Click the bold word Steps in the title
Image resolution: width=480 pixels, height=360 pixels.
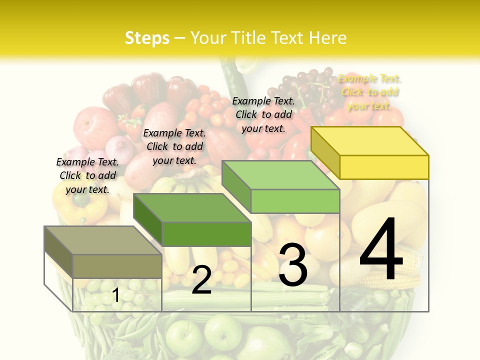point(147,38)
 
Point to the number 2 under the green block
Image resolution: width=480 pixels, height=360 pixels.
point(201,280)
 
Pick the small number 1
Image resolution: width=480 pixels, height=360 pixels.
point(116,295)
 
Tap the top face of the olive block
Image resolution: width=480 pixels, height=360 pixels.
point(103,240)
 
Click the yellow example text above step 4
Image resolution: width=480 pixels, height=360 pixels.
point(369,92)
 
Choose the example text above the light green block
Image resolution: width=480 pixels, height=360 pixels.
point(263,114)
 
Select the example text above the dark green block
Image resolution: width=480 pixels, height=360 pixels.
point(174,146)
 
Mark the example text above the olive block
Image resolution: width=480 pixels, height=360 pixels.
point(87,175)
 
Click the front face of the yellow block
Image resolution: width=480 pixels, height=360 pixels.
point(384,167)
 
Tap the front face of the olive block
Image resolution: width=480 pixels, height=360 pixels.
point(117,266)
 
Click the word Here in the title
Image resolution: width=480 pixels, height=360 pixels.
point(328,38)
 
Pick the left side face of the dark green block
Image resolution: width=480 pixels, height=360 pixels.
point(148,220)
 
